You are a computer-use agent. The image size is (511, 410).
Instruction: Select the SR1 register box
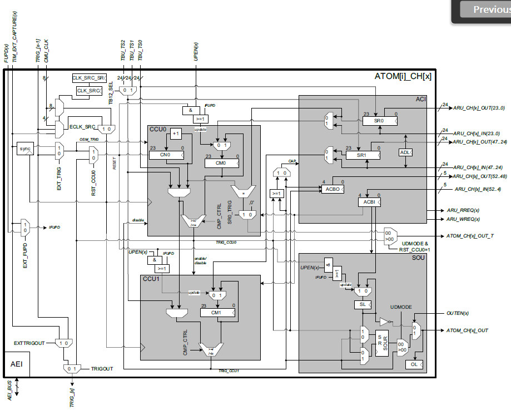(363, 155)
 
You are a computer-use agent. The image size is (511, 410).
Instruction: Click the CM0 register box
(221, 164)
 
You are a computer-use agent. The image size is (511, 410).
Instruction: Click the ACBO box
(333, 189)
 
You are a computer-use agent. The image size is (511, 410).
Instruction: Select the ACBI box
(369, 202)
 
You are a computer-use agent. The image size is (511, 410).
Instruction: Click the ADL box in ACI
(406, 152)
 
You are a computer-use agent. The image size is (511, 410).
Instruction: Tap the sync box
(26, 149)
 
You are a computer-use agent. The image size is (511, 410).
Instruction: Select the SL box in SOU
(362, 304)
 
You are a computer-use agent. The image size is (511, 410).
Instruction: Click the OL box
(413, 364)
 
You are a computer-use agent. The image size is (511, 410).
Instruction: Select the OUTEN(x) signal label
(458, 313)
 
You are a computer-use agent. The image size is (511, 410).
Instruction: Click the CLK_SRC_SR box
(89, 78)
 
